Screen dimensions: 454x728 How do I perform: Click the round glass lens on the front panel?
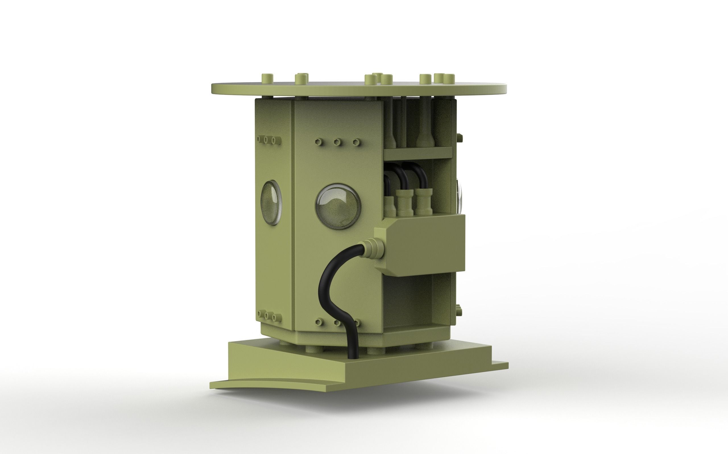pos(338,207)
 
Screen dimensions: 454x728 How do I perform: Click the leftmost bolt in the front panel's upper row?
pos(319,141)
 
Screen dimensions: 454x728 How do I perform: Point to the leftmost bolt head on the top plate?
pos(267,79)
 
